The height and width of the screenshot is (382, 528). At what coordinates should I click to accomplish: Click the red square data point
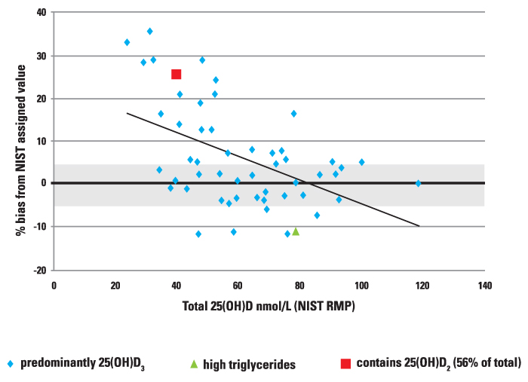tap(177, 74)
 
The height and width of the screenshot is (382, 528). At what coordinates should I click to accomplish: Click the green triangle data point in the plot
tap(296, 231)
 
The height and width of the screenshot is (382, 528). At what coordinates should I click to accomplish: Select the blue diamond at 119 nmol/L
tap(418, 183)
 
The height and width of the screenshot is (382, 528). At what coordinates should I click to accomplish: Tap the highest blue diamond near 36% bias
tap(150, 32)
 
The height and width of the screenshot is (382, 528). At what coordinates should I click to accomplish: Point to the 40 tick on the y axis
tap(41, 13)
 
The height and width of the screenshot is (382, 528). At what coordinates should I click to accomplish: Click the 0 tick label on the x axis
tap(54, 286)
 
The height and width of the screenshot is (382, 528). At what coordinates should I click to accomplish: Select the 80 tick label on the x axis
tap(299, 286)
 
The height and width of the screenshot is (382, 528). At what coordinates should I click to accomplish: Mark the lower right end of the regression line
tap(419, 225)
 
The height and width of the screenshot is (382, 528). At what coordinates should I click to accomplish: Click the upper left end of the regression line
tap(127, 113)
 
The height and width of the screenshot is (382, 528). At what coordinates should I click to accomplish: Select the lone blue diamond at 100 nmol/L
tap(361, 162)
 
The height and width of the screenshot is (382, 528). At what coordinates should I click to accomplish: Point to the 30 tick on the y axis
tap(41, 56)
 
